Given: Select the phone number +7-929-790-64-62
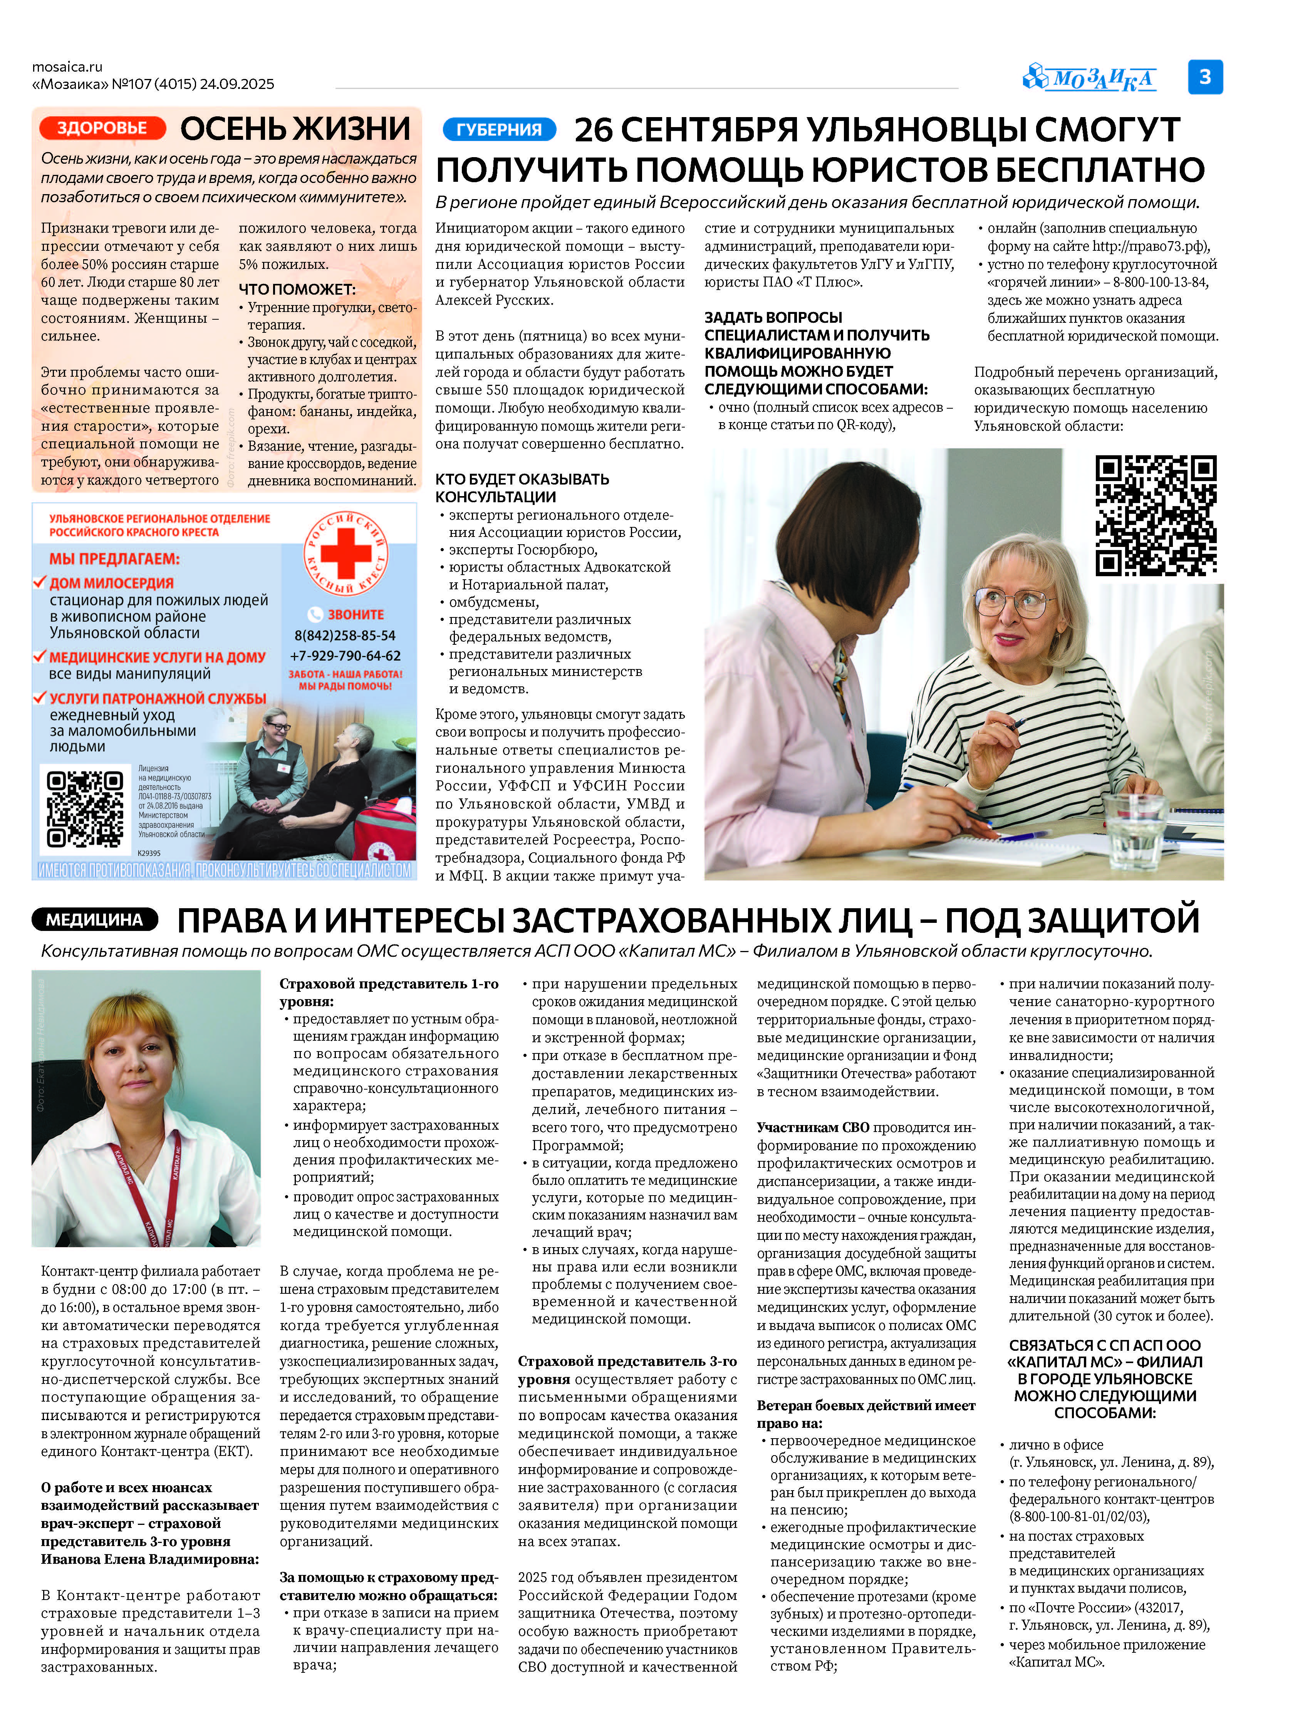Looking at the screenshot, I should click(345, 656).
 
